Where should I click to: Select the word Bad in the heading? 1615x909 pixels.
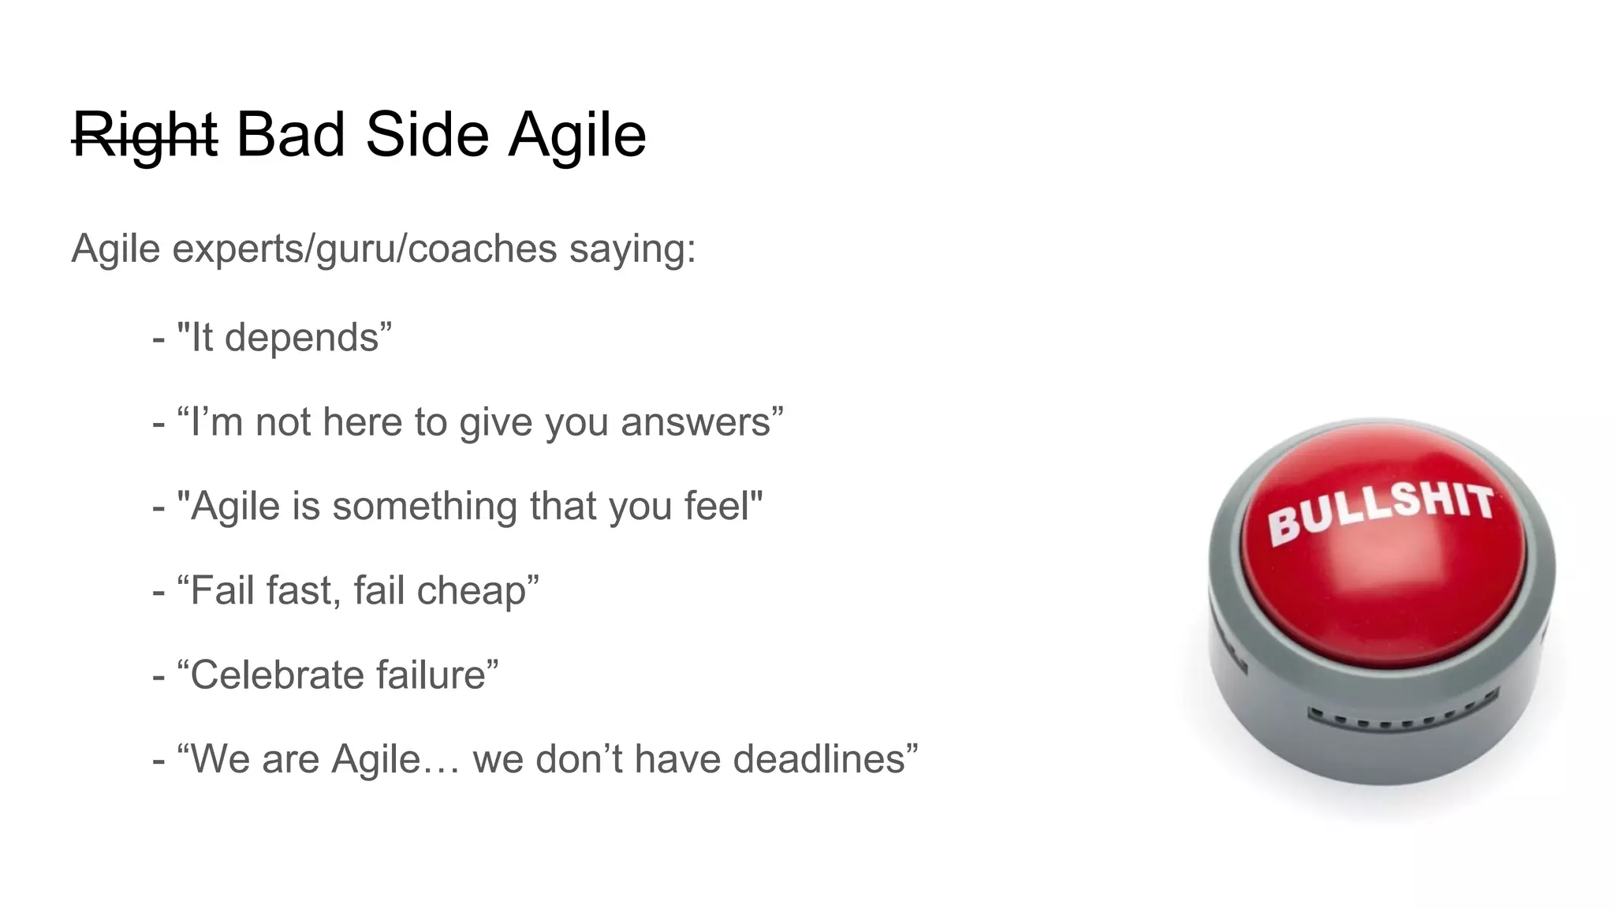pos(290,134)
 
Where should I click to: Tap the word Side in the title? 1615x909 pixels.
pos(427,134)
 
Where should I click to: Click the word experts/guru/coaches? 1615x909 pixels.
pos(364,249)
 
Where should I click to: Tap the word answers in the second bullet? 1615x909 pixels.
pos(696,422)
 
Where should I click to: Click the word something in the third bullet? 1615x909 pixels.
pos(424,507)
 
